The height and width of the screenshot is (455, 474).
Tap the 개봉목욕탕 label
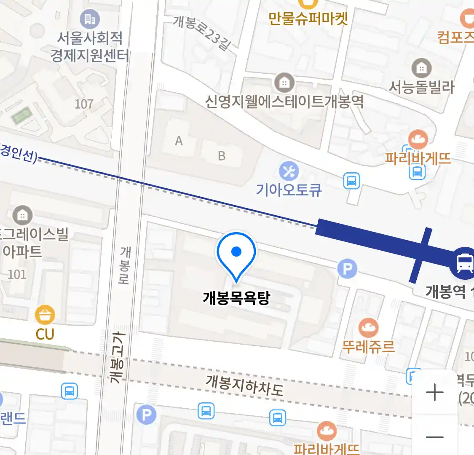(236, 298)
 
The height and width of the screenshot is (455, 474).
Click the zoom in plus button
(435, 393)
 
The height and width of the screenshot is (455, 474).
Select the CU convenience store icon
(45, 314)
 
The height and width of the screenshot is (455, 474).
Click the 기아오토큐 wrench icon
(289, 171)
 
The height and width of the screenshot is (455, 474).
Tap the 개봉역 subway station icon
(464, 263)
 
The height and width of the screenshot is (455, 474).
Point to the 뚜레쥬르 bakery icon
(368, 328)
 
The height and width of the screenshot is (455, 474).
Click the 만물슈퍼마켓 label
(308, 19)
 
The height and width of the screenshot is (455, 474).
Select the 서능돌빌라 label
(421, 87)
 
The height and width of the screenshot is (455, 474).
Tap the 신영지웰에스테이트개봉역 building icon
(284, 83)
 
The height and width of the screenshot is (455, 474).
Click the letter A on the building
(179, 141)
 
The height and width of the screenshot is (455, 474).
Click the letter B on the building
(222, 156)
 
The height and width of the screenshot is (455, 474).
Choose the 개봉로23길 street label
(202, 32)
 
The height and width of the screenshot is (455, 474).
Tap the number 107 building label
(84, 104)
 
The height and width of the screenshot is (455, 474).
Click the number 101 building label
(17, 274)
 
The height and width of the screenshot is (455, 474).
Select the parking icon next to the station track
(347, 268)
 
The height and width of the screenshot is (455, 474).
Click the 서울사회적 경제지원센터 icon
(89, 19)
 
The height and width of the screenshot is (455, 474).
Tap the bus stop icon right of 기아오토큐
(351, 181)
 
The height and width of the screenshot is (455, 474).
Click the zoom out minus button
(435, 437)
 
